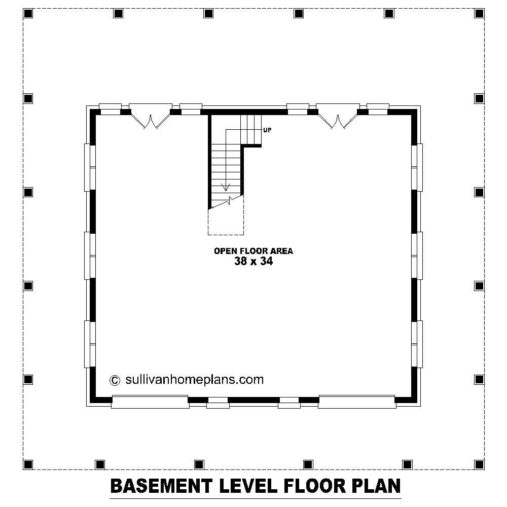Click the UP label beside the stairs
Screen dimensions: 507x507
267,130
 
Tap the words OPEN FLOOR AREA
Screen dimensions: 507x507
253,250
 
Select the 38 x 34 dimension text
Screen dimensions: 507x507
253,262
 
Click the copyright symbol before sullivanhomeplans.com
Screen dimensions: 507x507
115,380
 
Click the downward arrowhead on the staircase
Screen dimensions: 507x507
226,187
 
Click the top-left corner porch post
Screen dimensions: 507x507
28,13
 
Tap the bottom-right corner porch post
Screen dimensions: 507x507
479,464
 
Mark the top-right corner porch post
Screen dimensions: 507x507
479,13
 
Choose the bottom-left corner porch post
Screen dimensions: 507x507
28,464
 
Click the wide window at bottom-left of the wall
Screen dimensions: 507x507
150,402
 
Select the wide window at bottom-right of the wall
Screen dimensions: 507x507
357,402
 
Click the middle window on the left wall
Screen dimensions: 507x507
90,256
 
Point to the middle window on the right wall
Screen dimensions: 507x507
417,256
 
